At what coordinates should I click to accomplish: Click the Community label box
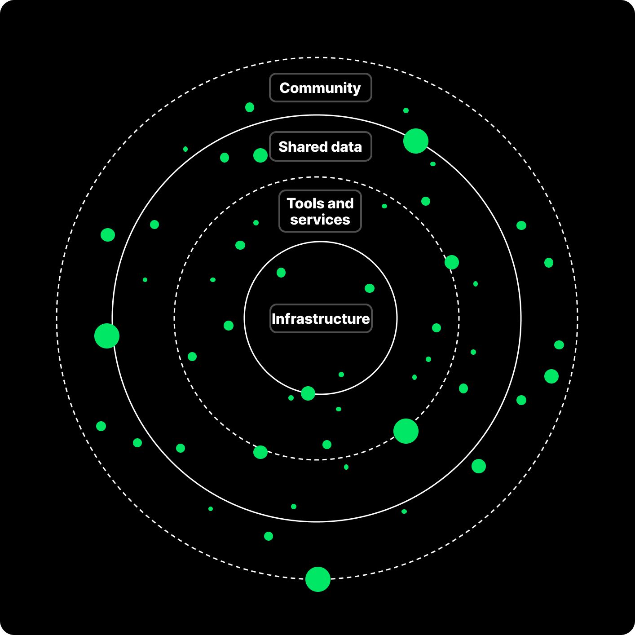320,88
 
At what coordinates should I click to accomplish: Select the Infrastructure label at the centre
321,318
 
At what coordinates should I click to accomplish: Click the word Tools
303,203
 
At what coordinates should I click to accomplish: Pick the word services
320,220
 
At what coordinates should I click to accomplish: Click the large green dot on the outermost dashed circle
318,579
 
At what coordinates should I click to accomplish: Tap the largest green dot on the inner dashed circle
406,431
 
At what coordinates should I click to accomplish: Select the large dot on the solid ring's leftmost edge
107,336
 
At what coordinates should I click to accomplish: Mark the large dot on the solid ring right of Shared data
416,141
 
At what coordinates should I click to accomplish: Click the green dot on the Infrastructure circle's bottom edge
308,393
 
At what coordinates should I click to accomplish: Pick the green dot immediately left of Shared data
260,155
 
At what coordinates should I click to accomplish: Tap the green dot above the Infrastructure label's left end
281,273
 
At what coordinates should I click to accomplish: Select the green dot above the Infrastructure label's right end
370,288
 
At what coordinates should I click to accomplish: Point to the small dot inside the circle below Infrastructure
341,375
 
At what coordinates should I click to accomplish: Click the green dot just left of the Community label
250,107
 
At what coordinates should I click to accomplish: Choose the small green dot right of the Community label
406,110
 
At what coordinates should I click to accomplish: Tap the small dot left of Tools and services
256,223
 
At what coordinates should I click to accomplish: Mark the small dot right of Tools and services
384,206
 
